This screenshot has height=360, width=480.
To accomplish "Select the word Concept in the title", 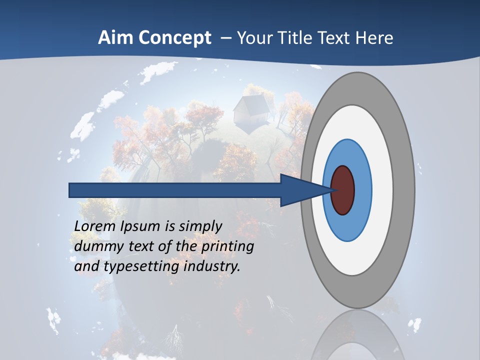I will point(175,38).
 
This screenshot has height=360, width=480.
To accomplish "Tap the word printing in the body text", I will point(227,247).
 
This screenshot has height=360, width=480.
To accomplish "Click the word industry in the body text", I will point(212,266).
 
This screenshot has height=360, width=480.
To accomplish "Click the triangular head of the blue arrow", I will point(302,190).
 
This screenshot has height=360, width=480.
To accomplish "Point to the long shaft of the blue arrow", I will point(175,190).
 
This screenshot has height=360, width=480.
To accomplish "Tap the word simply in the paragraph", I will point(200,226).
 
